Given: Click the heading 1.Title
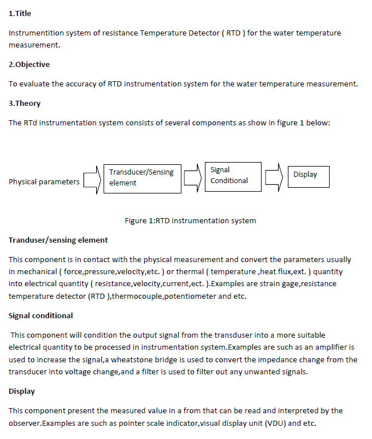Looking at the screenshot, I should click(x=20, y=13).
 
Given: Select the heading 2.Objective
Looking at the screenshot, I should click(x=29, y=64).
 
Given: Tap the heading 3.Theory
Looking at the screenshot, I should click(x=25, y=103).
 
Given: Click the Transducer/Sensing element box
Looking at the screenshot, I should click(x=141, y=177).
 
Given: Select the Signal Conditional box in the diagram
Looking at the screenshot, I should click(x=232, y=176).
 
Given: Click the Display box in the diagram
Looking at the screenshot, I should click(x=308, y=175).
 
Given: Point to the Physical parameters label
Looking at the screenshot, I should click(x=44, y=182).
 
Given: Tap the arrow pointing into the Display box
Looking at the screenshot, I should click(x=274, y=176).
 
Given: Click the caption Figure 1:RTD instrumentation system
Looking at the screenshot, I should click(x=190, y=220).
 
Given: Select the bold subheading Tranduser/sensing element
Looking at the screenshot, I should click(x=58, y=240).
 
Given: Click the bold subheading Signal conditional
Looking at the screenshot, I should click(x=41, y=315).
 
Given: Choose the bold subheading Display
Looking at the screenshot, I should click(x=22, y=391).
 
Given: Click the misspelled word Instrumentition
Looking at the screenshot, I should click(x=36, y=33).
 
